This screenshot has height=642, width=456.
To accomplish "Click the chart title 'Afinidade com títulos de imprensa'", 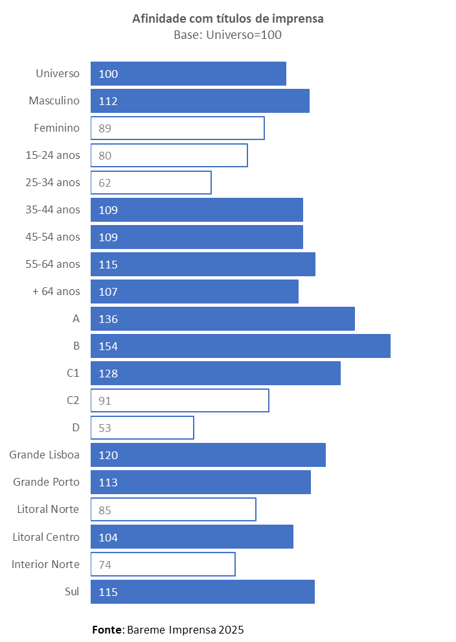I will point(228,19).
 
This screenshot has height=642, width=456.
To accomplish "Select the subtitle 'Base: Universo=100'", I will point(227,35).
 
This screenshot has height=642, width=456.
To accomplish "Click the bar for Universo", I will point(188,74).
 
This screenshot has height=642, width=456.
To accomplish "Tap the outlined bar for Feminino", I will point(177,128).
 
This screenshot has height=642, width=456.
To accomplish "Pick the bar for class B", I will point(240,346).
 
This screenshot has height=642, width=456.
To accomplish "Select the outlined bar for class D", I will point(142,428).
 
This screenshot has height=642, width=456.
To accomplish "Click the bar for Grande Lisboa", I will point(208,455).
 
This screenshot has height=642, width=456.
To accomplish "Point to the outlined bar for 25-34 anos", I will point(151,183).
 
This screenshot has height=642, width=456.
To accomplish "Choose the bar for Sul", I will point(203,592).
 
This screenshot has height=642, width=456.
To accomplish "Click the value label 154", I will point(108,346).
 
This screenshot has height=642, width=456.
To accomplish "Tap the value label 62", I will point(105,183).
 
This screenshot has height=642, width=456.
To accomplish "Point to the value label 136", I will point(108,319).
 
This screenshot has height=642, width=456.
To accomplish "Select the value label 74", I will point(105,565).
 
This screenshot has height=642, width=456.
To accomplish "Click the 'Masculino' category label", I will point(54,101).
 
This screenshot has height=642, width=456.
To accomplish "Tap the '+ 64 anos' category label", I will point(56,291).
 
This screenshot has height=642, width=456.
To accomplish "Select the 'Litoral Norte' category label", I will point(48,509).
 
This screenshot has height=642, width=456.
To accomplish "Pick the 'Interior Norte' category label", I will point(45,564).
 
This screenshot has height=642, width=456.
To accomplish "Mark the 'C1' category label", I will point(73,373).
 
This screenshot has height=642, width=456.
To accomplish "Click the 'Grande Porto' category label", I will point(47,482).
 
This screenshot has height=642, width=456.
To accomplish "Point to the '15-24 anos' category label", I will point(52,155).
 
